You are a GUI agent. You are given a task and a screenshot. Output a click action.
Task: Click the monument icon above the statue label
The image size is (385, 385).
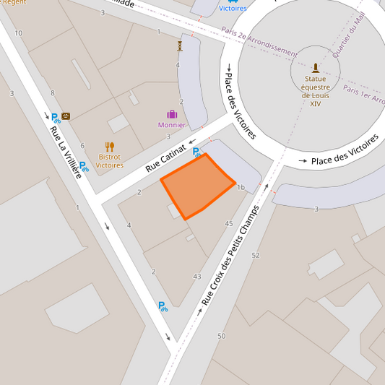(x=315, y=67)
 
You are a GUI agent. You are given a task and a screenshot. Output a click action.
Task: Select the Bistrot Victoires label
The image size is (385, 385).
(x=110, y=160)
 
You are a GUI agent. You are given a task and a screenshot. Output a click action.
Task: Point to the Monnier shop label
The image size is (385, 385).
(x=171, y=125)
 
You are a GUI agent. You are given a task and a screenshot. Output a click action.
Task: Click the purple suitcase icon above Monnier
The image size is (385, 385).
(x=172, y=114)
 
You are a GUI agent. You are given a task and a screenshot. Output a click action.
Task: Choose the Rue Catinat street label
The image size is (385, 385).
(x=166, y=156)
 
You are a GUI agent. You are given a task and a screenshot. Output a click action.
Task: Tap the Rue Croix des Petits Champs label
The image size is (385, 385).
(x=230, y=264)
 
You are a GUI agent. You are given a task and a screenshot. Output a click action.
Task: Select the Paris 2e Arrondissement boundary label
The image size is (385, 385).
(x=259, y=42)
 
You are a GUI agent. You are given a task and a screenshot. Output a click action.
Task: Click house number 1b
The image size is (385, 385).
(x=241, y=188)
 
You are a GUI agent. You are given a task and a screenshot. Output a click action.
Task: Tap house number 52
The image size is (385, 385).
(x=256, y=255)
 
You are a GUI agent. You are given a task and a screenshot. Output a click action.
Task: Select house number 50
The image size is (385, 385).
(x=221, y=336)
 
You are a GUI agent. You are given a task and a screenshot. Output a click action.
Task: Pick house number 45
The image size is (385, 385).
(x=229, y=224)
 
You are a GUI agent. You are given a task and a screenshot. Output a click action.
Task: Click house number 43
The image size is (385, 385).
(x=197, y=277)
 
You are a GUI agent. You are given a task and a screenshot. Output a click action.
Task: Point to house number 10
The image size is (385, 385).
(x=18, y=33)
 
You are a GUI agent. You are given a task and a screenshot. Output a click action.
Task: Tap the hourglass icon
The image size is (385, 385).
(x=180, y=46)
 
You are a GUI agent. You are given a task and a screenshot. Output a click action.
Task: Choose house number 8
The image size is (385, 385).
(x=52, y=92)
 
